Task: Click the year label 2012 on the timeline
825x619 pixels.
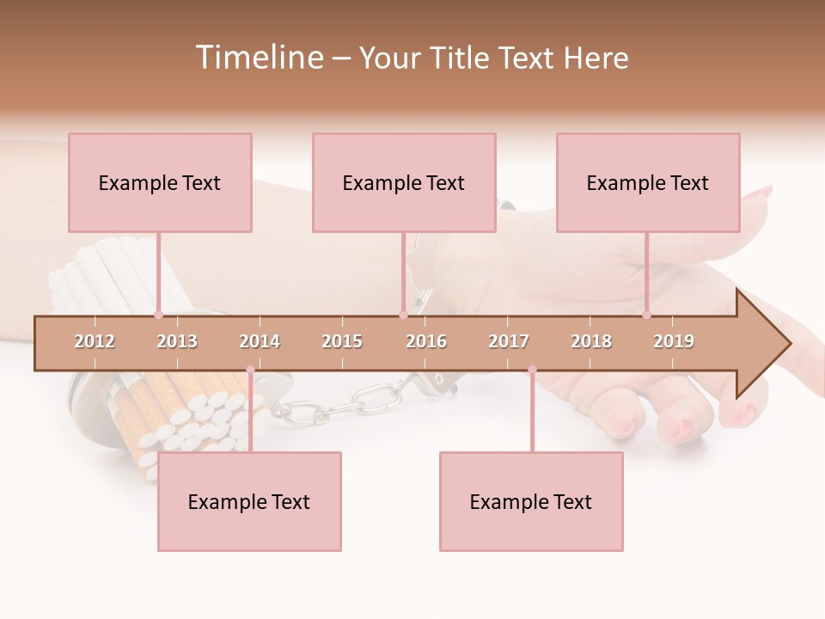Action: coord(95,341)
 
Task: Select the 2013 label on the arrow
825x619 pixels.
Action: coord(177,341)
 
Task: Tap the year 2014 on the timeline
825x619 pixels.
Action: coord(260,341)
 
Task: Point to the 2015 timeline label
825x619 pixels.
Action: coord(342,341)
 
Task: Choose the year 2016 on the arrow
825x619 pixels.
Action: coord(426,341)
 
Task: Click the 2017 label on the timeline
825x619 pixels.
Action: coord(509,341)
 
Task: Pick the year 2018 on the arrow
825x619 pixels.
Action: coord(591,341)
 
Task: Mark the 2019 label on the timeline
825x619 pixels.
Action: coord(674,341)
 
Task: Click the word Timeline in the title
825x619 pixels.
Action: coord(257,58)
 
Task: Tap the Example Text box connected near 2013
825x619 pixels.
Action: coord(160,183)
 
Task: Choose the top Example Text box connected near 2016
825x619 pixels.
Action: coord(404,183)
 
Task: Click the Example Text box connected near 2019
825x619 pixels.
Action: coord(648,183)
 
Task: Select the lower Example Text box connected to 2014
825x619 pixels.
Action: coord(249,502)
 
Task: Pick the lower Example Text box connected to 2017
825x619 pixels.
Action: coord(531,502)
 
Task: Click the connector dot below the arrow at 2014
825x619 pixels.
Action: coord(250,370)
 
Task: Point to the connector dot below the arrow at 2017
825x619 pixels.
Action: coord(532,370)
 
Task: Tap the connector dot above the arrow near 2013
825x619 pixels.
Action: coord(158,315)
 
